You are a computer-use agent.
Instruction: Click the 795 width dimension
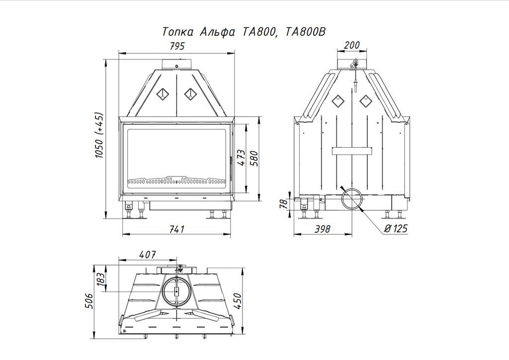[177, 46]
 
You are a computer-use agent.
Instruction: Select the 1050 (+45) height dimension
[99, 135]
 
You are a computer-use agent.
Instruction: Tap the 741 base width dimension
[177, 229]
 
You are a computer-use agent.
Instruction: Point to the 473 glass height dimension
[241, 158]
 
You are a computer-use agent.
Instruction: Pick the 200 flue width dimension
[351, 45]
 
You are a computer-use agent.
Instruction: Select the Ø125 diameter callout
[396, 229]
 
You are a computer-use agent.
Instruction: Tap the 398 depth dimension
[322, 229]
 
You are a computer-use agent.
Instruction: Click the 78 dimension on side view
[283, 203]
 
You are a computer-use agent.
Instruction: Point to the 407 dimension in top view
[148, 255]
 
